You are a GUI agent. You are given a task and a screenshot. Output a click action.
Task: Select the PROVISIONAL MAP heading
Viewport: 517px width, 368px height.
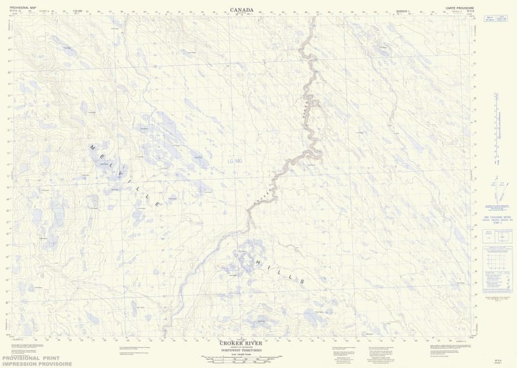point(24,7)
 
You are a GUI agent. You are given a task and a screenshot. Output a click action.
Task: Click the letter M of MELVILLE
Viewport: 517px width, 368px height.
point(92,147)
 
